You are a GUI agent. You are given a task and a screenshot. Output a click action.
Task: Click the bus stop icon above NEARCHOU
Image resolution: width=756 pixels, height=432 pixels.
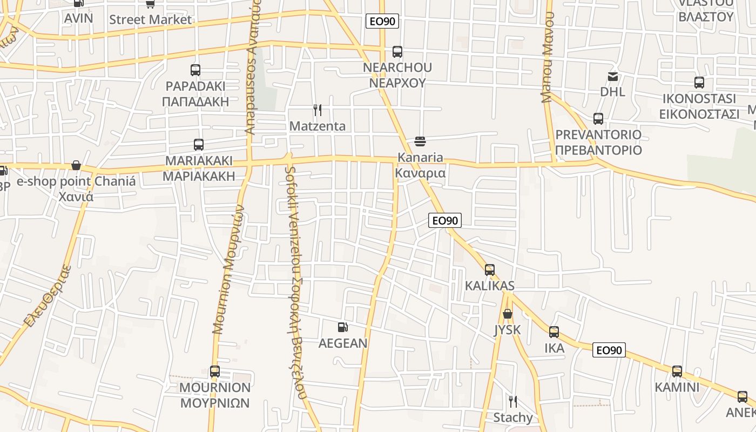pos(397,52)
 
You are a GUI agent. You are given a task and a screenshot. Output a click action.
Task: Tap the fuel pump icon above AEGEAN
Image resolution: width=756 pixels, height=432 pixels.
pos(342,327)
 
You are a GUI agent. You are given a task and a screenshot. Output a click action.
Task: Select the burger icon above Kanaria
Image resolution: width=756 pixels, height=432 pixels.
pos(420,141)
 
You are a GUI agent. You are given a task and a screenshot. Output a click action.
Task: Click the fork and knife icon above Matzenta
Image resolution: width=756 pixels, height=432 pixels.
pos(318,110)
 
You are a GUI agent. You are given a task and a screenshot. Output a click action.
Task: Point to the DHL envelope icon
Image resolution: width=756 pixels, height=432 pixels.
pos(613,76)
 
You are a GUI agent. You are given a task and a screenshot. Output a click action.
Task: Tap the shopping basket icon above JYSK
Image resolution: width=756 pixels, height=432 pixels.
pos(508,314)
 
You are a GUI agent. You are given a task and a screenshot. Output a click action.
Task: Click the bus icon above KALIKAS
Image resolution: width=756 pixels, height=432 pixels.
pos(490,269)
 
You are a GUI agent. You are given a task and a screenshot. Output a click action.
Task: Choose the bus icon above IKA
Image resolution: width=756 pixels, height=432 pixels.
pos(554,332)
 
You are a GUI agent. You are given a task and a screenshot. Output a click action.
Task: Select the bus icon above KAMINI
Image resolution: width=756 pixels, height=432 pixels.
pos(677,372)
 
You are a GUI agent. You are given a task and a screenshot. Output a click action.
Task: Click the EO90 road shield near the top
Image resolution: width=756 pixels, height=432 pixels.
pos(382,22)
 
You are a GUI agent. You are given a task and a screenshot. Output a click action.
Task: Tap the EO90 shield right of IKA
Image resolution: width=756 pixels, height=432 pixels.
pos(609,350)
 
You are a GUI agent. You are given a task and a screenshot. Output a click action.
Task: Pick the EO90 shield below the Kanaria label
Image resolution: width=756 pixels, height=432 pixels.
pos(445,220)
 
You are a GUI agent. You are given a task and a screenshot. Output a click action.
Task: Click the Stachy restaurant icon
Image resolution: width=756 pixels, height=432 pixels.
pos(513,401)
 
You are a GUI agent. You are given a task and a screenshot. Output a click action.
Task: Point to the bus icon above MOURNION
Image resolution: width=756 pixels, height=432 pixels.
pos(215,372)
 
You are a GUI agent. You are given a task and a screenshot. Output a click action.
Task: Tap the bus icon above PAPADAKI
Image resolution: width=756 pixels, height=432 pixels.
pos(195,70)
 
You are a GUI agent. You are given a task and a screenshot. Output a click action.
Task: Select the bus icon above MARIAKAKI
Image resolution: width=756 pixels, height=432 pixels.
pos(199,145)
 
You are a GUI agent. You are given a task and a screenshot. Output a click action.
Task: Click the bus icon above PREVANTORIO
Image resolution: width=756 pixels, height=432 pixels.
pos(598,119)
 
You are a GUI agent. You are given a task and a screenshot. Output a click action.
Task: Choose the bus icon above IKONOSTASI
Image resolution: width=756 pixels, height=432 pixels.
pos(699,83)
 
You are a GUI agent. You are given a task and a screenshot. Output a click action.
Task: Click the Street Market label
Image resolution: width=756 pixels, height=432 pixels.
pos(150,19)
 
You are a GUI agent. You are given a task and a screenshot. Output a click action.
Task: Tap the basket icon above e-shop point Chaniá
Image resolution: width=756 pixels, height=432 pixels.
pos(76,165)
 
